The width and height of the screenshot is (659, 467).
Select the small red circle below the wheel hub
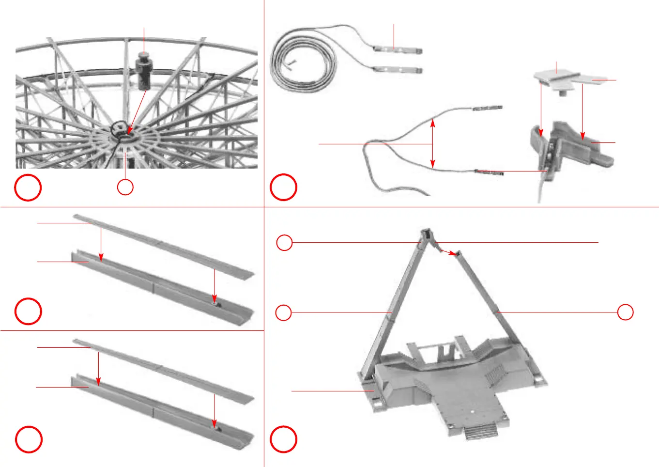click(x=125, y=187)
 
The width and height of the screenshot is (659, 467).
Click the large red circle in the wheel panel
click(x=28, y=187)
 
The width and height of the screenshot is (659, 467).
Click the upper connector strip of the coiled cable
click(x=398, y=49)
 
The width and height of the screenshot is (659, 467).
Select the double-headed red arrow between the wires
click(x=433, y=144)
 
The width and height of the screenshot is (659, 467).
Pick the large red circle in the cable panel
click(x=284, y=187)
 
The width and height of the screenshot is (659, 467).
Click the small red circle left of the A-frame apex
click(x=284, y=242)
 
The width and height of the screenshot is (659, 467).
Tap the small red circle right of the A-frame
click(x=626, y=312)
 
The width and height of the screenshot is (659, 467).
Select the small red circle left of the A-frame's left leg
click(x=283, y=312)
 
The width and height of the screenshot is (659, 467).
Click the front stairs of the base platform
click(x=480, y=431)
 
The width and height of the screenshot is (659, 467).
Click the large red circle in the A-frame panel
click(x=283, y=439)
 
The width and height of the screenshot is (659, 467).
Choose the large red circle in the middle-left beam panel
click(x=28, y=311)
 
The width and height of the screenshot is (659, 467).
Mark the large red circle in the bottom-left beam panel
click(x=29, y=439)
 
